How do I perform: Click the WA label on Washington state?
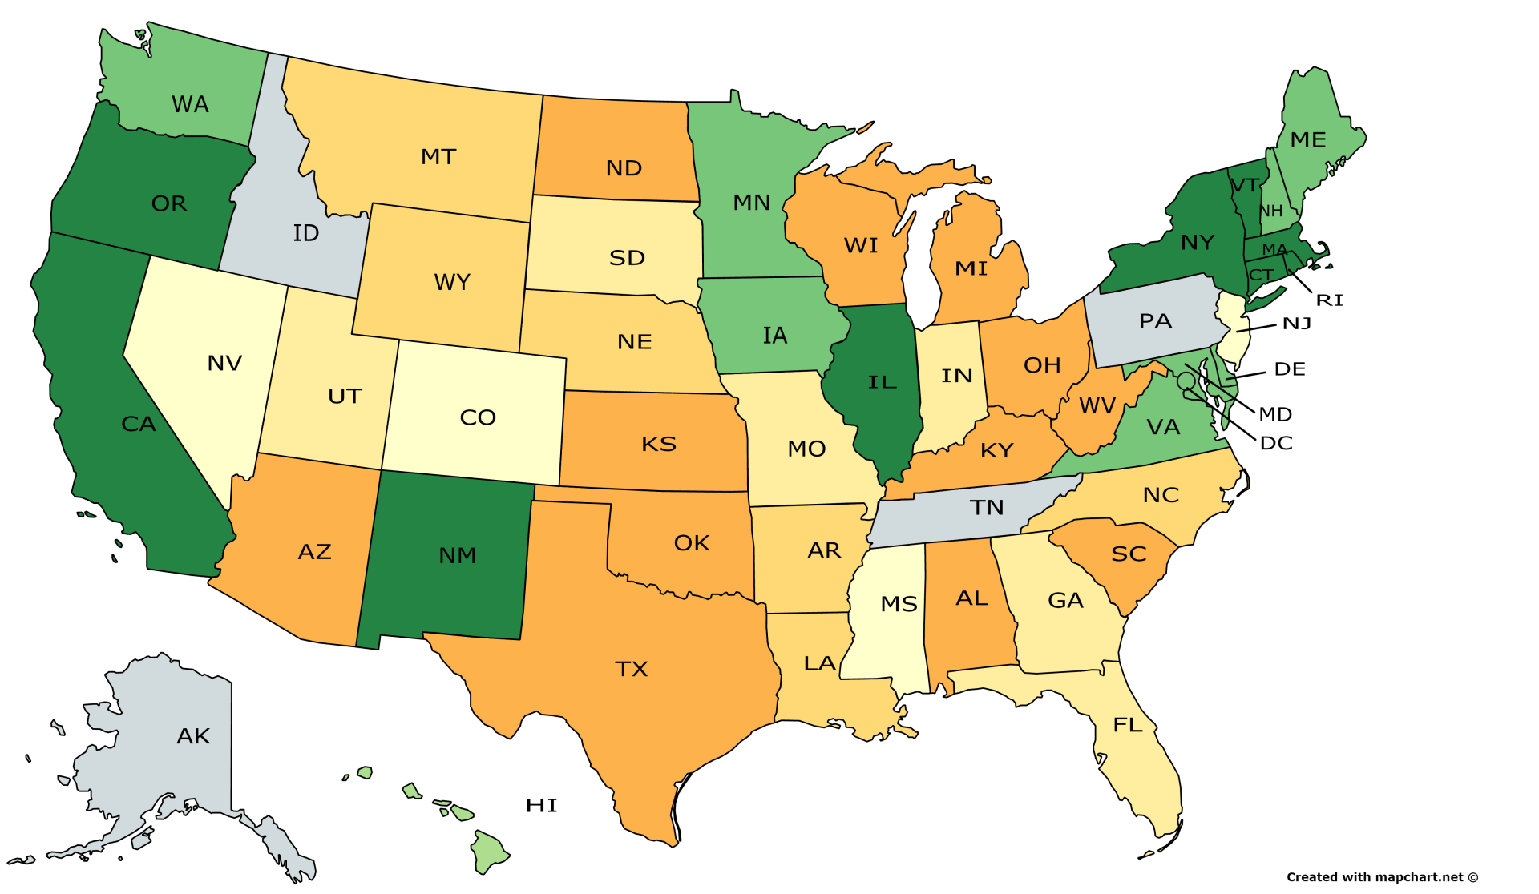pos(190,104)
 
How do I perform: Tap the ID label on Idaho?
pos(305,233)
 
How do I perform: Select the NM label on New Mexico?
pos(457,555)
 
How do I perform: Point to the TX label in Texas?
pos(631,669)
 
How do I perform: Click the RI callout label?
pos(1329,300)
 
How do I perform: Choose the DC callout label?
pos(1276,443)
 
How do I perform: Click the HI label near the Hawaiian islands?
pos(541,805)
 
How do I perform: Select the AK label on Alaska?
pos(193,736)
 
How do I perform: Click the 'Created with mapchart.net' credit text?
pos(1382,877)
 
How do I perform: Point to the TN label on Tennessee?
pos(986,508)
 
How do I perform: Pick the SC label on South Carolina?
pos(1129,554)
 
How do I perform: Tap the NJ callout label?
pos(1296,324)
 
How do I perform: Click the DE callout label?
pos(1290,369)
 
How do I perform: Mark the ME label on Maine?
pos(1308,140)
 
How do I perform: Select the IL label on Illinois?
pos(882,382)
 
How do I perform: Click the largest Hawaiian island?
pos(490,852)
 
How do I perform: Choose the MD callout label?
pos(1274,414)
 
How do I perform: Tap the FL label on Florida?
pos(1127,725)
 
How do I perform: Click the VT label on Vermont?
pos(1245,186)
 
